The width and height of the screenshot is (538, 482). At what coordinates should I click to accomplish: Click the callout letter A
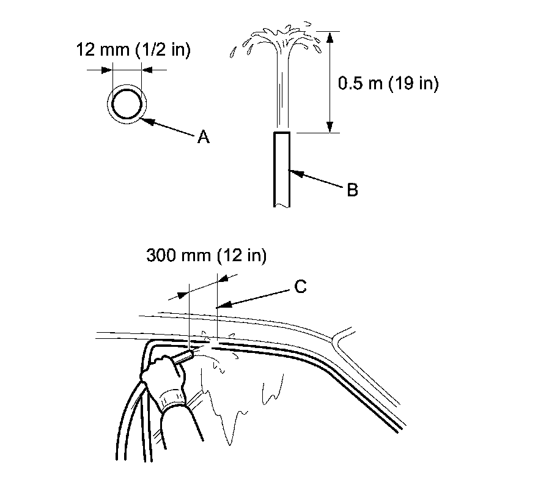pos(203,138)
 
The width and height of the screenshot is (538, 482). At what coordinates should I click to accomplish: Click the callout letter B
pos(352,190)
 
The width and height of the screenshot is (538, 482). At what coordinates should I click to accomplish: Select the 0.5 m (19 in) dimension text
pos(388,83)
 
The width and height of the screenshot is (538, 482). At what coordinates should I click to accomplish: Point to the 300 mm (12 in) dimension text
pos(207,256)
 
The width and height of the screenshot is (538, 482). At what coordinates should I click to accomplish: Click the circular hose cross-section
pos(127,103)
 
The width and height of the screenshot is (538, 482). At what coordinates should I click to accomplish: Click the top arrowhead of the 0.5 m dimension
pos(330,35)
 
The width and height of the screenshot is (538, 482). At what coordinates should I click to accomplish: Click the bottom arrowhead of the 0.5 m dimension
pos(330,128)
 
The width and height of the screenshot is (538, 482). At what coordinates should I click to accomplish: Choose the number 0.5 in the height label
pos(348,83)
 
